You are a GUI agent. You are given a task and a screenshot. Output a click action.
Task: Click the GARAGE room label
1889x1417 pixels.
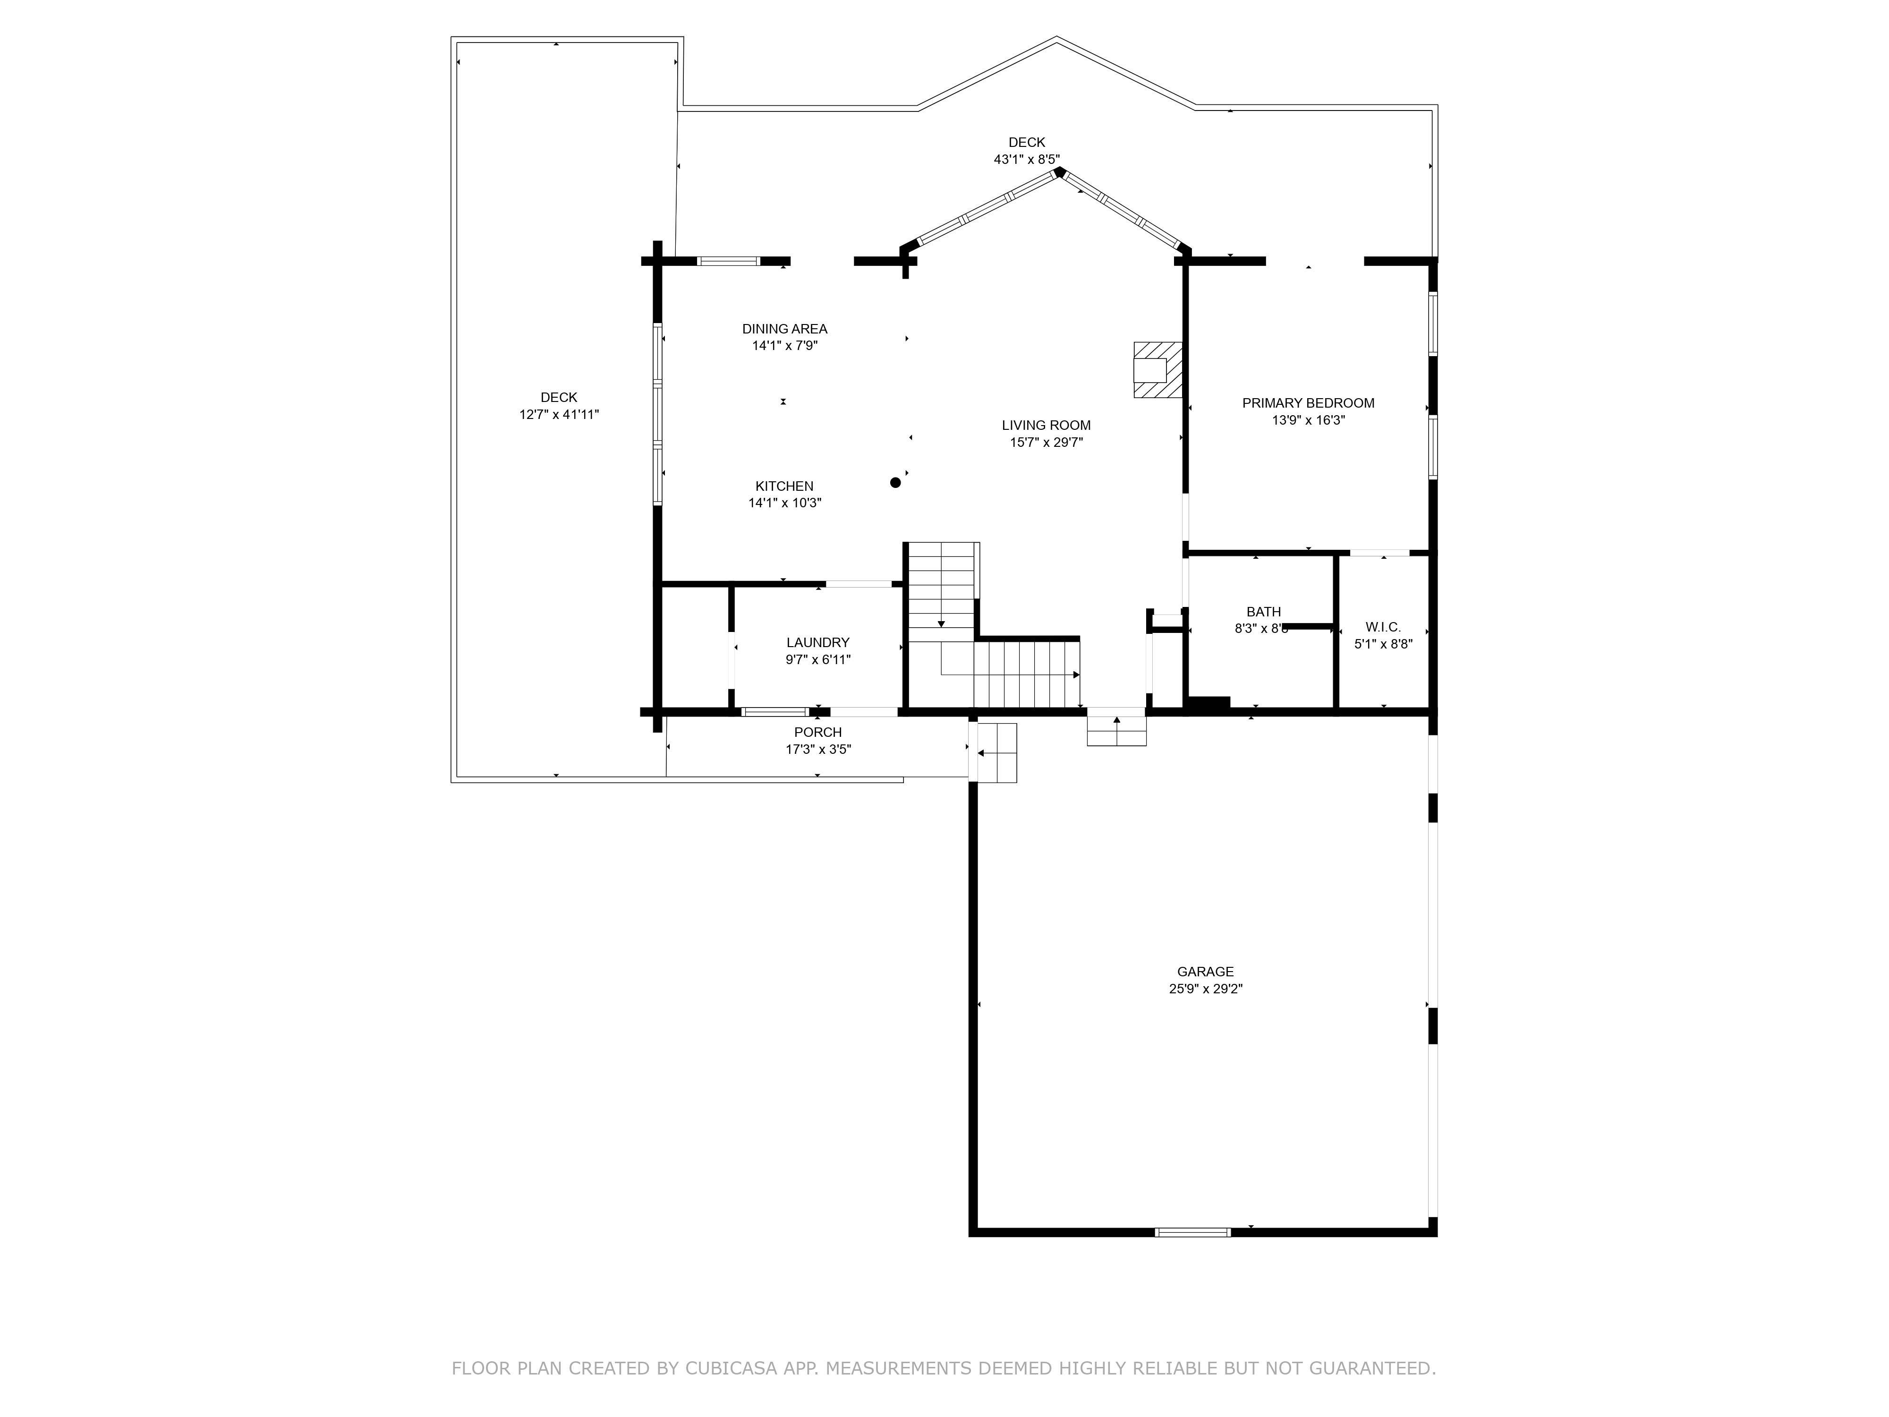(x=1205, y=971)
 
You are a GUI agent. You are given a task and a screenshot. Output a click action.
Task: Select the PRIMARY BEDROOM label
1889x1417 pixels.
(x=1308, y=403)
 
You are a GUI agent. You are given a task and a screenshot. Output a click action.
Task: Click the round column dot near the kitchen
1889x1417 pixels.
(x=895, y=483)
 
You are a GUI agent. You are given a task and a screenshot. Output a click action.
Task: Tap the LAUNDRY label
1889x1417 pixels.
(x=817, y=642)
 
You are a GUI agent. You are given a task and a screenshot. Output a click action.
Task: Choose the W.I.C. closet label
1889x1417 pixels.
(x=1383, y=627)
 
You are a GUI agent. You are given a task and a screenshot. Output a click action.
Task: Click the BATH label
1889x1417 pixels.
(x=1263, y=612)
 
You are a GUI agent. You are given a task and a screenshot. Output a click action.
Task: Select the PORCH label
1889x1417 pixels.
(x=817, y=732)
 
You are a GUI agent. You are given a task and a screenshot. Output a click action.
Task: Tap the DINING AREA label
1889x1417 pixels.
(x=784, y=329)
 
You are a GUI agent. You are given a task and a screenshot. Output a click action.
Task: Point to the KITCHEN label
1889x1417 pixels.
(x=784, y=486)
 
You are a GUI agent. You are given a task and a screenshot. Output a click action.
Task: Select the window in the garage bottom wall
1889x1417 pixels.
(x=1192, y=1232)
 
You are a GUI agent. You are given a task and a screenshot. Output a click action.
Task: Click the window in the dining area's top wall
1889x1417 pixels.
(x=728, y=261)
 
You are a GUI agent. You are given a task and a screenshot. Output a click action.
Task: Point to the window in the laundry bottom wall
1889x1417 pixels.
(x=774, y=711)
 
